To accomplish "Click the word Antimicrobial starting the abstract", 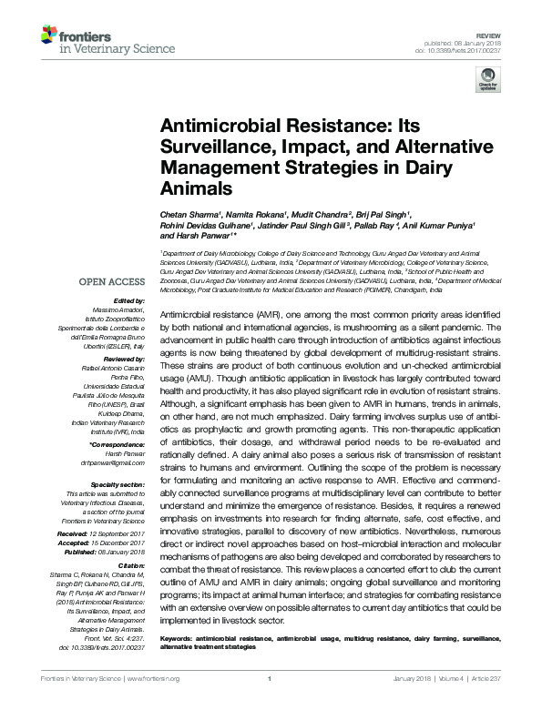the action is [187, 313].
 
